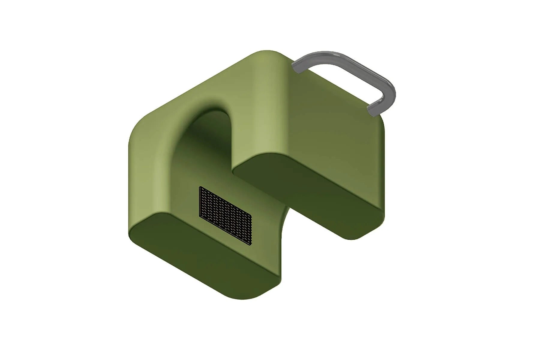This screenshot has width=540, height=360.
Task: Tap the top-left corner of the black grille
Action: [200, 187]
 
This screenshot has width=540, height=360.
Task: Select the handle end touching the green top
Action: [297, 68]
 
